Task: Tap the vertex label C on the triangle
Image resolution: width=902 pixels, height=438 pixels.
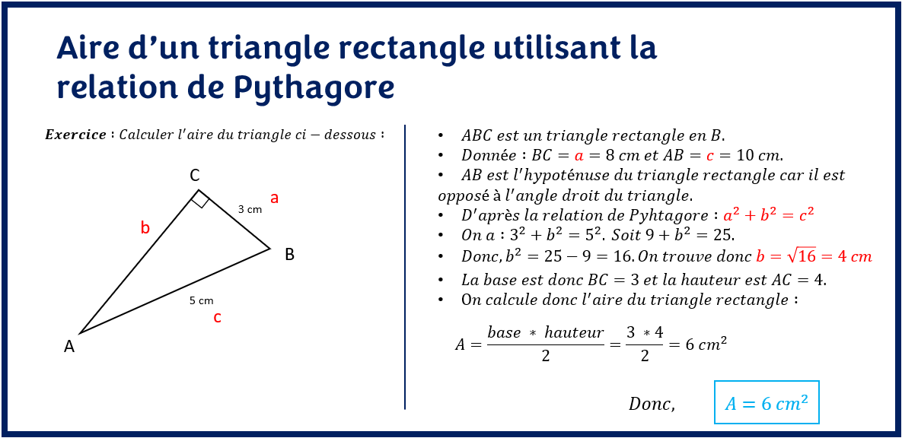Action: [195, 176]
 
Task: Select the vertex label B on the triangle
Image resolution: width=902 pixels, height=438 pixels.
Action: [289, 255]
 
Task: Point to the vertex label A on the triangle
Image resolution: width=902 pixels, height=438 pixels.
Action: [69, 347]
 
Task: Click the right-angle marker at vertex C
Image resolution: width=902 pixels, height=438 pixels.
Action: [200, 199]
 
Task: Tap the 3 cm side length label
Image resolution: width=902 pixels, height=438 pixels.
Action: [250, 209]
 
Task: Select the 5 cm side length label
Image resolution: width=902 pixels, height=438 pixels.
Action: [201, 300]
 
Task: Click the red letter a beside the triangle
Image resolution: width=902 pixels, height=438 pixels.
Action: [275, 198]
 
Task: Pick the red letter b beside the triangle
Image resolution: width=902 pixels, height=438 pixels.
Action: [145, 227]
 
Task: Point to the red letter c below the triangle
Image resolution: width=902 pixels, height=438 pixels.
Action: [217, 318]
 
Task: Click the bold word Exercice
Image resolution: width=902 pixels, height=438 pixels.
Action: [75, 135]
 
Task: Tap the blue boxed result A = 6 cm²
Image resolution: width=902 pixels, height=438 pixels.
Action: [767, 403]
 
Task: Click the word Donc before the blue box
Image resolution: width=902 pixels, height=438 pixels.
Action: [652, 404]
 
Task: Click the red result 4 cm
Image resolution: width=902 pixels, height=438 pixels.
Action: [854, 256]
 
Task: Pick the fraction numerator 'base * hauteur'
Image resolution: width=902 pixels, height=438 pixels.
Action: [545, 332]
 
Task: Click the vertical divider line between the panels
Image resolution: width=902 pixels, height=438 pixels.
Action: [405, 266]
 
